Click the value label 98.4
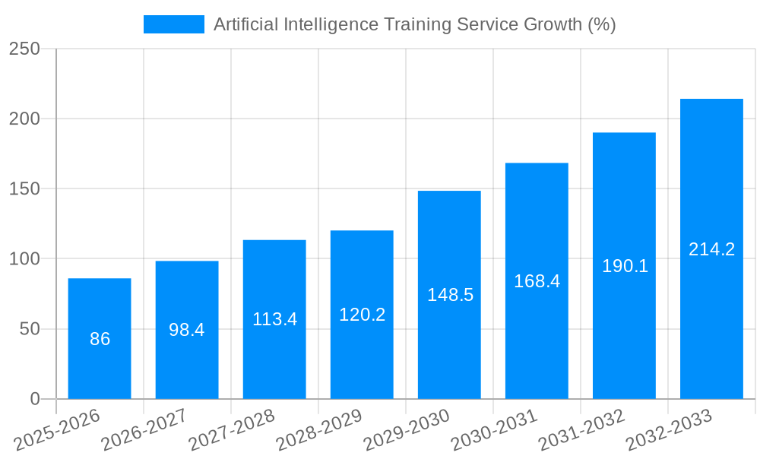coord(187,330)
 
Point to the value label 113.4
coord(274,319)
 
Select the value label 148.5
coord(450,295)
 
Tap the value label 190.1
coord(625,266)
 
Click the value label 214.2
coord(711,249)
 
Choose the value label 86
coord(100,339)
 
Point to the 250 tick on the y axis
coord(24,49)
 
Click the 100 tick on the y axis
coord(24,259)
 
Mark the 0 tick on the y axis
coord(35,399)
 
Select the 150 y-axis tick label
coord(24,188)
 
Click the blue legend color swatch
coord(174,24)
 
